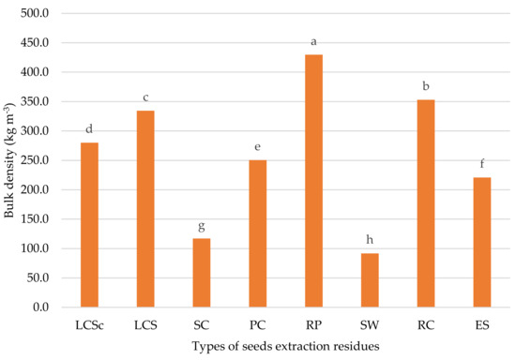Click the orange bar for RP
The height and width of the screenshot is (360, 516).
click(313, 181)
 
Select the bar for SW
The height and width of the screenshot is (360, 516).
click(370, 280)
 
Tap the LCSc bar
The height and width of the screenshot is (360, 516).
click(89, 225)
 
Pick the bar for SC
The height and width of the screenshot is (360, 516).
click(202, 273)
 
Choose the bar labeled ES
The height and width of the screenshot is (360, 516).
click(482, 242)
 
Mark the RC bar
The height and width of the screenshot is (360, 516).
click(426, 203)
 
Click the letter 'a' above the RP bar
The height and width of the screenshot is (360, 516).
click(313, 42)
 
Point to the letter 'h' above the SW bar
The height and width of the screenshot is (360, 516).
click(370, 240)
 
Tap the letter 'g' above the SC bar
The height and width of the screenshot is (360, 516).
click(202, 226)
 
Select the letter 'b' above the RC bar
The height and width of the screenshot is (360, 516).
click(426, 86)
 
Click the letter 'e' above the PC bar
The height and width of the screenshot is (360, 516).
click(257, 146)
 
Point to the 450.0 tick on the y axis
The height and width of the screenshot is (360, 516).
click(35, 43)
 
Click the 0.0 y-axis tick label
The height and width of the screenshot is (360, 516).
click(40, 307)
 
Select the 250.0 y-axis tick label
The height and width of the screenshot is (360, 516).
click(35, 160)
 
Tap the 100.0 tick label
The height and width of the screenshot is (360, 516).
click(35, 248)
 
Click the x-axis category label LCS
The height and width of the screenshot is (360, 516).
click(145, 325)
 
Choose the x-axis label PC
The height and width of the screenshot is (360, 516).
click(257, 325)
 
